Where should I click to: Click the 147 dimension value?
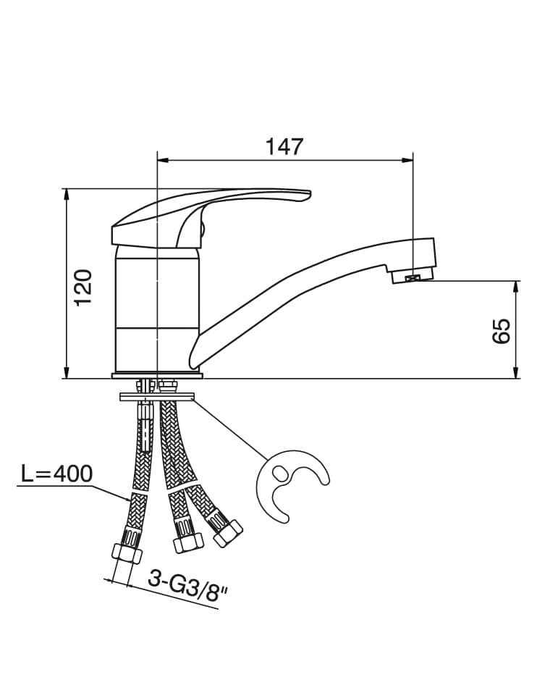(284, 146)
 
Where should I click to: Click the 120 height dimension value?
(84, 286)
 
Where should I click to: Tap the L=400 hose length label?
(56, 474)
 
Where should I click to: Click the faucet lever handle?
(210, 210)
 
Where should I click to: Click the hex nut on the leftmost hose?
(127, 551)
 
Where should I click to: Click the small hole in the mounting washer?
(280, 474)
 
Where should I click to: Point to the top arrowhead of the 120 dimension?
(67, 193)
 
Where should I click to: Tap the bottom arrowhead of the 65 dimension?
(516, 374)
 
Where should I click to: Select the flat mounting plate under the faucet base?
(157, 397)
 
